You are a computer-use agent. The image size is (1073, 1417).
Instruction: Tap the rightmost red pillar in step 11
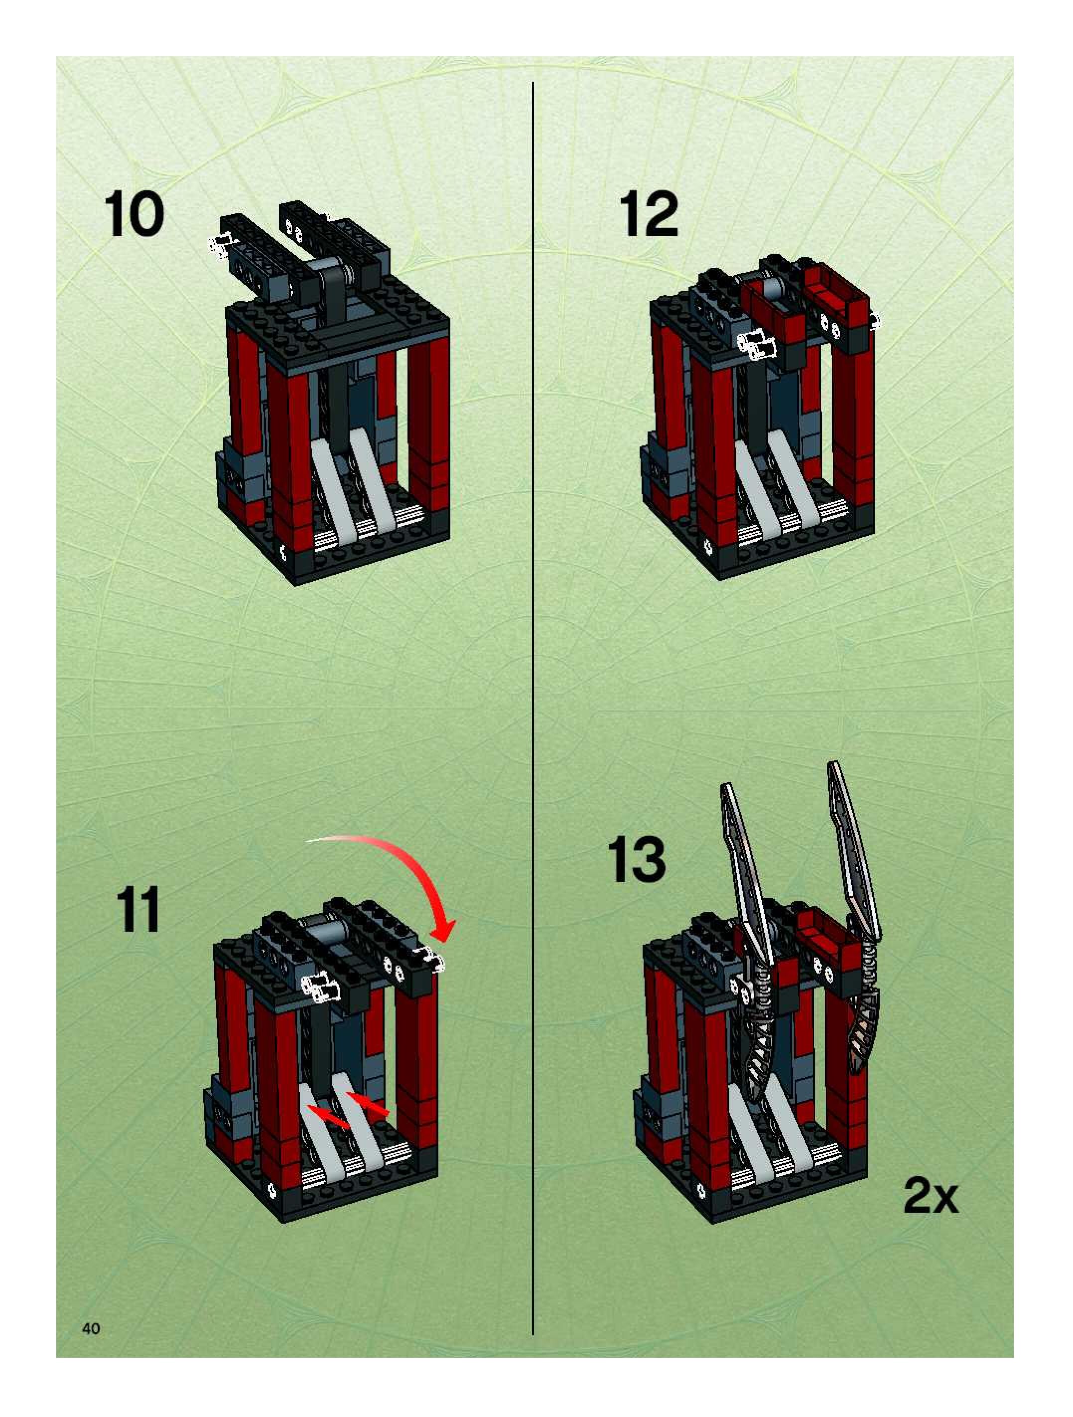[416, 1070]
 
